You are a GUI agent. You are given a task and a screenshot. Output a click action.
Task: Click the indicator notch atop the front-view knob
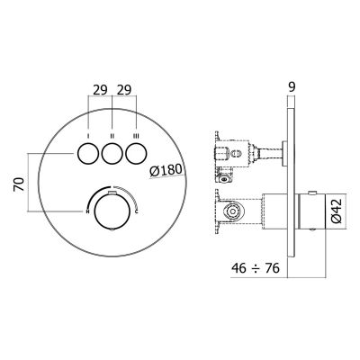tap(112, 194)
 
